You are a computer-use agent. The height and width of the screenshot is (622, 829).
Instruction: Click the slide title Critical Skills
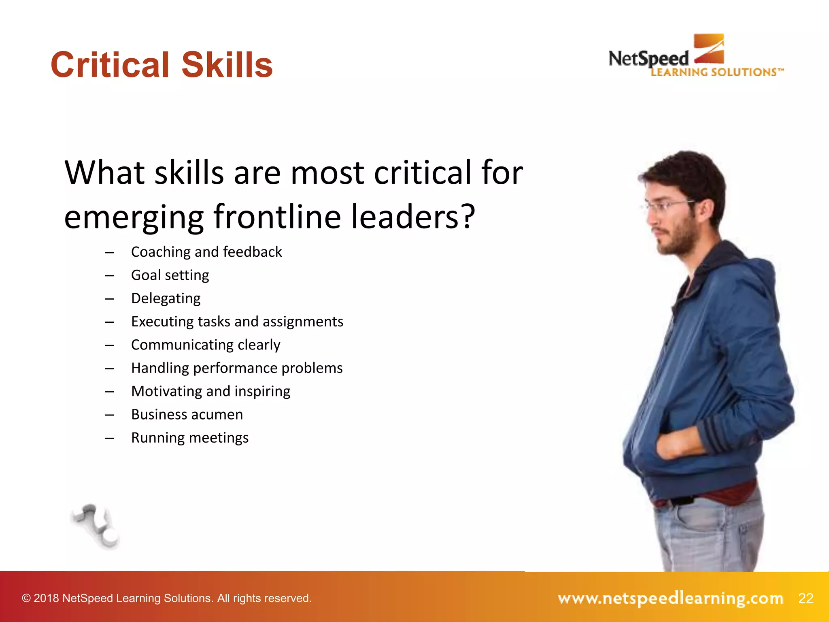pos(162,65)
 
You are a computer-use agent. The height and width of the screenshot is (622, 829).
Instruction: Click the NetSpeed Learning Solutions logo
pos(696,57)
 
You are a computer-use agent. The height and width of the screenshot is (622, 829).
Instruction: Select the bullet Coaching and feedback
pos(206,252)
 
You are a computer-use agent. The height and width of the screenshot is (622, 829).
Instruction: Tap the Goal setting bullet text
pos(170,275)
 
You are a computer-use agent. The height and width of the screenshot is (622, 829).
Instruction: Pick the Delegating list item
pos(166,298)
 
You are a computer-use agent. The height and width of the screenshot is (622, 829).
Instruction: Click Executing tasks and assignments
pos(237,322)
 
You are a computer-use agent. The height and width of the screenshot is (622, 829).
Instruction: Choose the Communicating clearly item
pos(206,345)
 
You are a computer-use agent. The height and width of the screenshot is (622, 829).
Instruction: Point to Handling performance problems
pos(237,368)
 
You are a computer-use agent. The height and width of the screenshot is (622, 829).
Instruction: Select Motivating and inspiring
pos(210,391)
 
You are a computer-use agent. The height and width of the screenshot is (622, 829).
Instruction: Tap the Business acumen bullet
pos(187,415)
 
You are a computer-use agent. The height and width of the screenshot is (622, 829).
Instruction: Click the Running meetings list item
pos(190,438)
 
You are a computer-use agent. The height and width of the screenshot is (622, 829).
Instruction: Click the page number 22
pos(806,598)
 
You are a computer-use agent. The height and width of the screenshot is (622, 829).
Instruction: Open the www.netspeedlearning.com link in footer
pos(670,598)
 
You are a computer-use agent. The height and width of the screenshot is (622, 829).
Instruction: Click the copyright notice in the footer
pos(167,598)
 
